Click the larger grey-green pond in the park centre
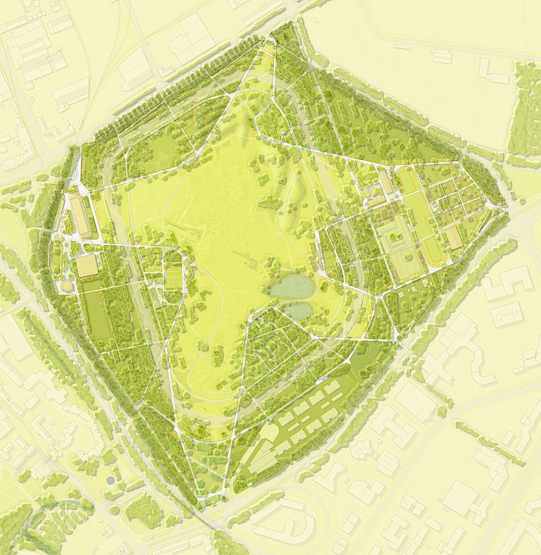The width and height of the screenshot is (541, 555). pos(290,286)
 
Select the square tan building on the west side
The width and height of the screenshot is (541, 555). pos(87,266)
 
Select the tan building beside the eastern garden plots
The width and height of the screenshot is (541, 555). pos(454,237)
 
